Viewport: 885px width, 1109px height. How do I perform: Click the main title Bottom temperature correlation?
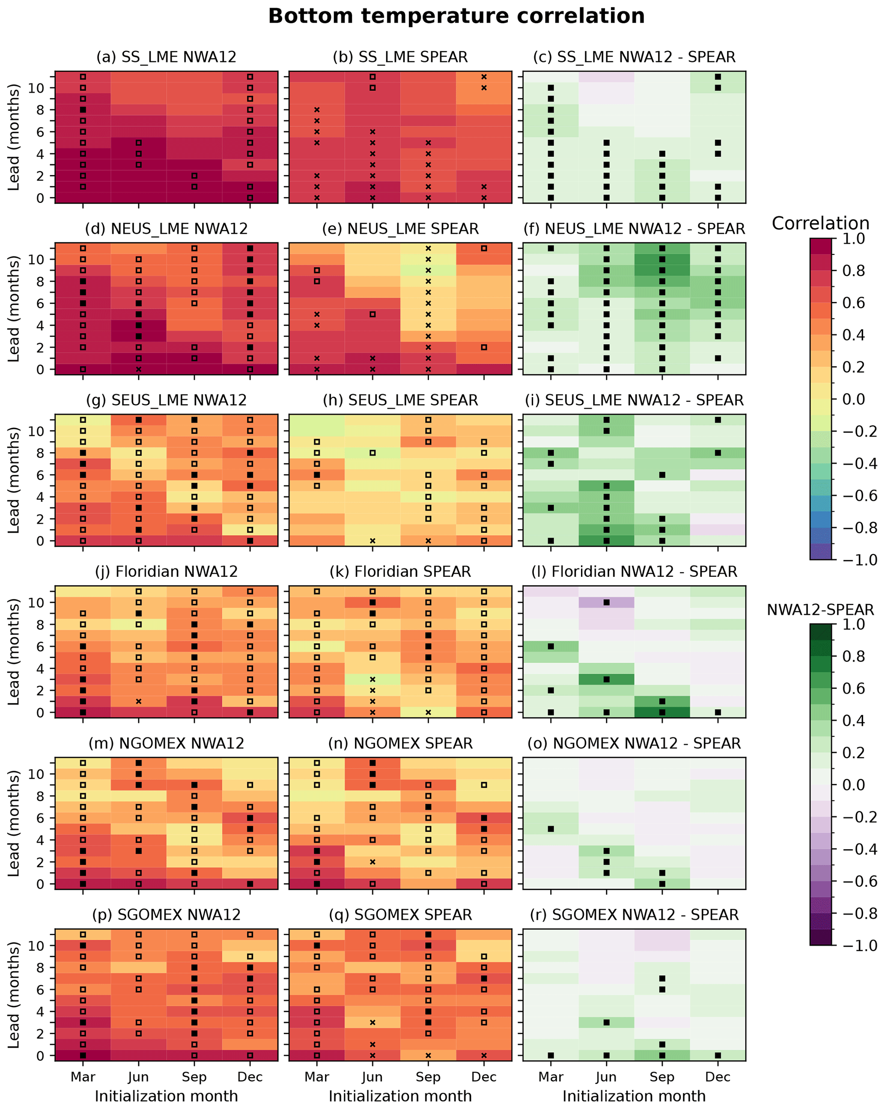(x=456, y=16)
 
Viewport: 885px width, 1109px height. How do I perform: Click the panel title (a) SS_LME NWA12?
(x=166, y=57)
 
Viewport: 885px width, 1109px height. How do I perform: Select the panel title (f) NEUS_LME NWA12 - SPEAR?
(x=634, y=229)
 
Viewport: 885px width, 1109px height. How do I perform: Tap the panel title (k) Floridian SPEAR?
(x=400, y=572)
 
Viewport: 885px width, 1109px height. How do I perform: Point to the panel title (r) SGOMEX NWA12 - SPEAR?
(x=634, y=915)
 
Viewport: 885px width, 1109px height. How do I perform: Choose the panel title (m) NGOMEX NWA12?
(x=166, y=744)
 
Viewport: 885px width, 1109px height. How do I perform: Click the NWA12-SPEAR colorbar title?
(x=820, y=610)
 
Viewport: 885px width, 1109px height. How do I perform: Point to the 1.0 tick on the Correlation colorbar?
(x=854, y=239)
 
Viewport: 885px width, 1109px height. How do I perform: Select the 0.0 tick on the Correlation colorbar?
(x=854, y=399)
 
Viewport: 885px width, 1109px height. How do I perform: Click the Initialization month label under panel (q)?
(x=400, y=1096)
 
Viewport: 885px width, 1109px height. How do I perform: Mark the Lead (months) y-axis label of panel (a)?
(x=13, y=137)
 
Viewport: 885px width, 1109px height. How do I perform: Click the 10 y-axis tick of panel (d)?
(x=36, y=260)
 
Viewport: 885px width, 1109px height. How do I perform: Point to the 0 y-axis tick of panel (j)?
(x=40, y=713)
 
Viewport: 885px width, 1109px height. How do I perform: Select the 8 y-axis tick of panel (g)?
(x=40, y=453)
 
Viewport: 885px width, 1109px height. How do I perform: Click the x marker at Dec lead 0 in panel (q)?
(x=484, y=1055)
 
